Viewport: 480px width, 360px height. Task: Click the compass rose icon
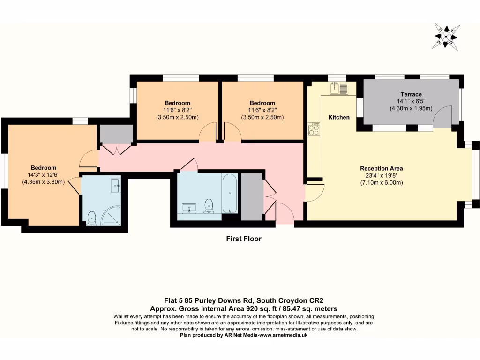446,36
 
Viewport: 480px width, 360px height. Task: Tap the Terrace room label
411,94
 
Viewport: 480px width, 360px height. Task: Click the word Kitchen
338,117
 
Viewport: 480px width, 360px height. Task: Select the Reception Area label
381,168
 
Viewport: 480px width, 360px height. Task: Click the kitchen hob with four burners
314,129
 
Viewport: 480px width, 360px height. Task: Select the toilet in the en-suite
92,217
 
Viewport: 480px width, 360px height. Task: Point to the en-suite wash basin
115,186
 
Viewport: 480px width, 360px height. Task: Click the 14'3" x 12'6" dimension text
43,175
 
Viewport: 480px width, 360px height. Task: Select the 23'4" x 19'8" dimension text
381,176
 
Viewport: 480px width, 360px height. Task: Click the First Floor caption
243,239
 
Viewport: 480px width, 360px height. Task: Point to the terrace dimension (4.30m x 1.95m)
411,108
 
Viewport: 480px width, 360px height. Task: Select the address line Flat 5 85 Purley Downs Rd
208,300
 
